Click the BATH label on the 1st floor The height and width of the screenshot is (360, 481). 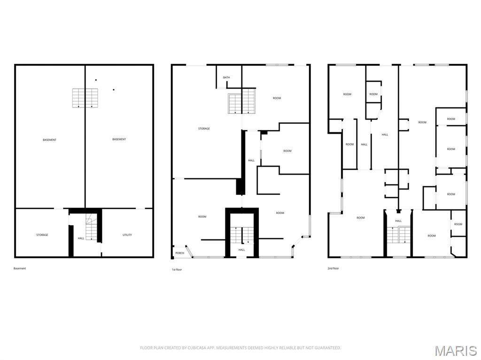pos(226,77)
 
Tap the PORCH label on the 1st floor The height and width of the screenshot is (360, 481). pos(180,253)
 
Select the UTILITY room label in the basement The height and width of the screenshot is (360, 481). pos(127,235)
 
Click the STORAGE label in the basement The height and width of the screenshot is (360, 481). pos(42,235)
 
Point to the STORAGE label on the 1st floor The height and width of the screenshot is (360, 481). pos(204,129)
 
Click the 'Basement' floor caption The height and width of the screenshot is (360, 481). pos(20,268)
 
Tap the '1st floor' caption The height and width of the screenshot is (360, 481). pos(177,269)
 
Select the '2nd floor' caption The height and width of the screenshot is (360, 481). pos(333,268)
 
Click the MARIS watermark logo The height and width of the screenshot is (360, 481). pos(456,351)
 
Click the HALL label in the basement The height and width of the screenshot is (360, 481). pos(81,238)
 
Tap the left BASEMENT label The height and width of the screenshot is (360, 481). pos(49,140)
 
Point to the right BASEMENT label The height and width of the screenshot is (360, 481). pos(119,139)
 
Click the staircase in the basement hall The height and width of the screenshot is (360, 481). pos(91,227)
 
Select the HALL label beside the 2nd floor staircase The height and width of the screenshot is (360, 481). pos(398,221)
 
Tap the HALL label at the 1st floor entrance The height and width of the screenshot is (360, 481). pos(242,250)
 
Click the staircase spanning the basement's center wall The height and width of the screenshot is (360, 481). pos(85,98)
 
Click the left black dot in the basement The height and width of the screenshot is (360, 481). pos(96,80)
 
